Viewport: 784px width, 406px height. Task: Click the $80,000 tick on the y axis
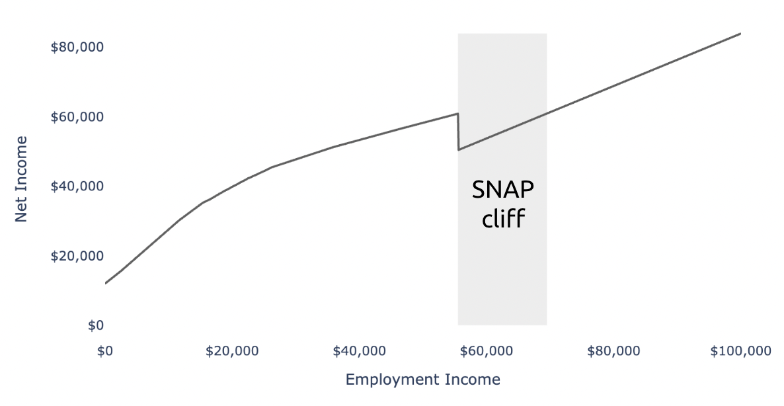(77, 47)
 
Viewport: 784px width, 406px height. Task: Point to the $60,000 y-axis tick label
(77, 117)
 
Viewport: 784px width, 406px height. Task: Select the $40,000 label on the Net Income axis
(77, 186)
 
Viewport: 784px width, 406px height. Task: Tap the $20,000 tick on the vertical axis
(77, 256)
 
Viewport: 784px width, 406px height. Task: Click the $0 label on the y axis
(95, 325)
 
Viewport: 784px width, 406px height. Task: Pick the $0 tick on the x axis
(105, 351)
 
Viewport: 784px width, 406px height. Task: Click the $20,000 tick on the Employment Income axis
(232, 351)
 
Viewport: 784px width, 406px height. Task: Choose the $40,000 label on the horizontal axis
(360, 351)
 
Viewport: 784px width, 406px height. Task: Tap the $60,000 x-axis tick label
(487, 351)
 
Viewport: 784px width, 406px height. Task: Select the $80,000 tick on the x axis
(613, 351)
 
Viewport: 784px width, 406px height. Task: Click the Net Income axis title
(21, 179)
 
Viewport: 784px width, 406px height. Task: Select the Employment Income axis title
(423, 380)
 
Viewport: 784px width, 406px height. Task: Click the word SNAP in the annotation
(503, 190)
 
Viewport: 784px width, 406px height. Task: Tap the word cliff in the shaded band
(503, 218)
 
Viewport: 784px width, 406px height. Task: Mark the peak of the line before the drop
(457, 114)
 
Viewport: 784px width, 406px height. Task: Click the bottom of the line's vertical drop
(459, 149)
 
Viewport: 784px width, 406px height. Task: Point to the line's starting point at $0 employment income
(106, 284)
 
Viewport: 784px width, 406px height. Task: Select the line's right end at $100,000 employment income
(740, 34)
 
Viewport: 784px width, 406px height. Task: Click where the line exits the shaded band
(547, 113)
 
